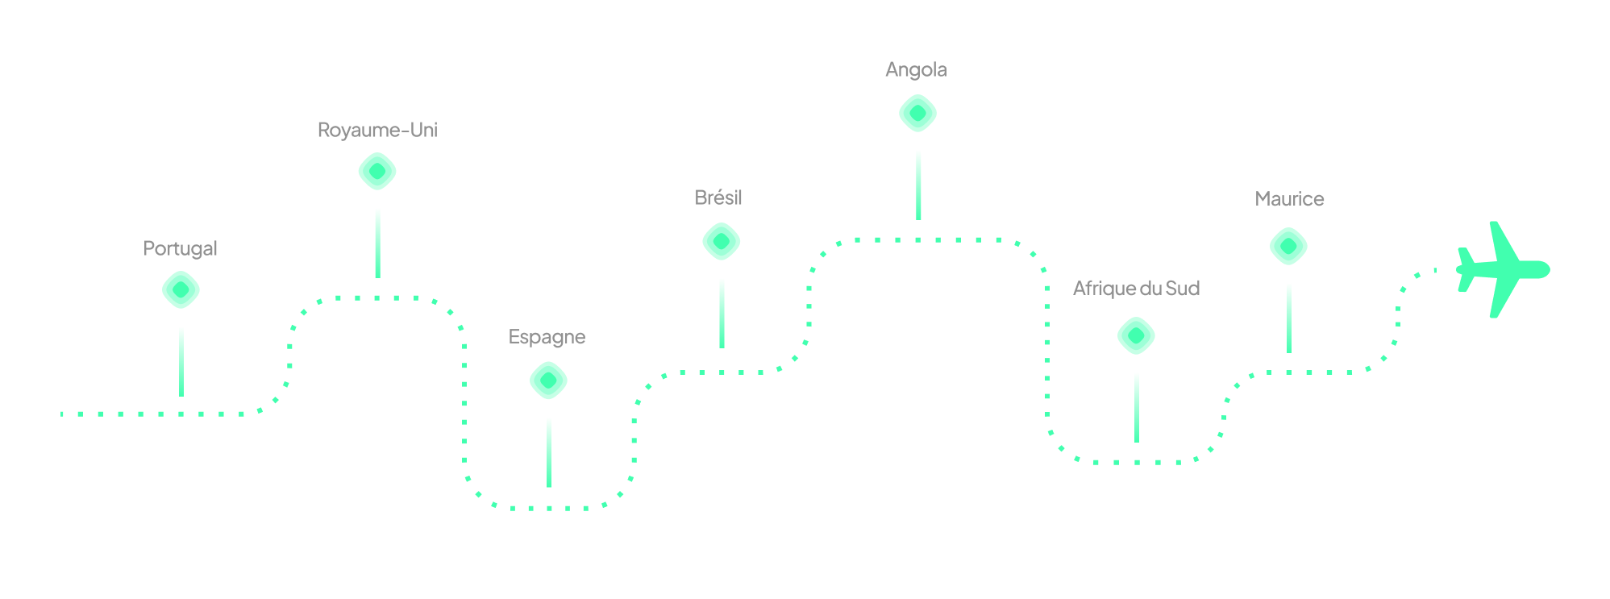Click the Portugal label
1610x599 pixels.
point(180,248)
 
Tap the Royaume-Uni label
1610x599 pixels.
point(377,130)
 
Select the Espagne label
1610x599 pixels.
point(547,337)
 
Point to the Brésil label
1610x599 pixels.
point(718,198)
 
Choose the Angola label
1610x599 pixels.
point(916,70)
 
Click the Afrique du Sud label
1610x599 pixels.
point(1136,289)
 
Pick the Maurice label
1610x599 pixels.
point(1289,199)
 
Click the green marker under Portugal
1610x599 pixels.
point(181,290)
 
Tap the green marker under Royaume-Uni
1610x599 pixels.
point(377,172)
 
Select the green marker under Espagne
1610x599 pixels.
point(548,381)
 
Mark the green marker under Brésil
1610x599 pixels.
point(722,242)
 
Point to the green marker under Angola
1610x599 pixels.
point(917,113)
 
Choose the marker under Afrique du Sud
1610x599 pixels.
point(1136,336)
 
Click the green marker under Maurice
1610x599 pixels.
point(1288,246)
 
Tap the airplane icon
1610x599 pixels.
point(1500,269)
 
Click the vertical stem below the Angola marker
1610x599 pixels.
point(918,185)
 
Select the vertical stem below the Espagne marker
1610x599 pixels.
point(549,452)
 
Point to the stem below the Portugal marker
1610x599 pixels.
point(181,361)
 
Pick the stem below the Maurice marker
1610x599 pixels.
point(1288,318)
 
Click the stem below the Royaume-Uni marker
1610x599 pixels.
point(377,243)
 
